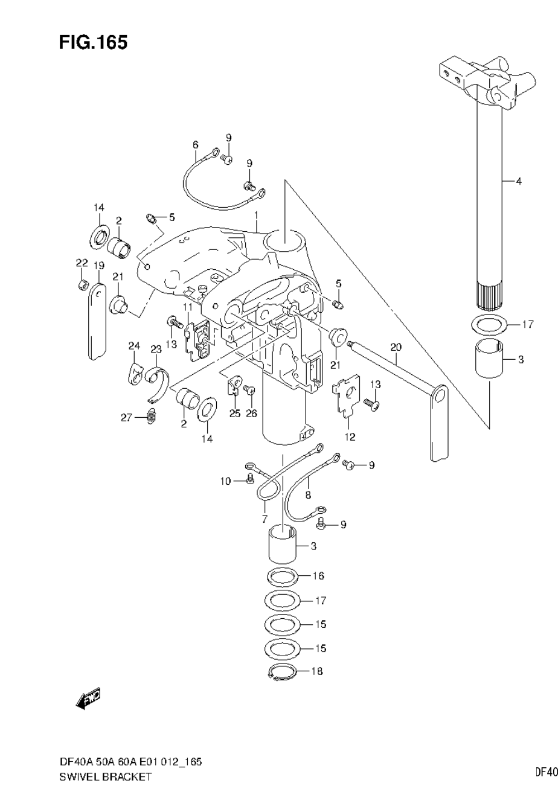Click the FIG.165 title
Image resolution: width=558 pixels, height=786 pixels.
(x=93, y=42)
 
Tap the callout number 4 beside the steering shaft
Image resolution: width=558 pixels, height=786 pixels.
(x=518, y=181)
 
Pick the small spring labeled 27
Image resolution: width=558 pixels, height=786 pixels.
(x=152, y=415)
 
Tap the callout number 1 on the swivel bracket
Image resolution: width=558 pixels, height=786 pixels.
(x=256, y=215)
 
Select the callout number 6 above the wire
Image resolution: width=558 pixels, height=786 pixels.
(x=195, y=144)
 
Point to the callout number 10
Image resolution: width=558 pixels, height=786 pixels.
(x=225, y=481)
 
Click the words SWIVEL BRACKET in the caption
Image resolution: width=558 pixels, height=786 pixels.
(x=105, y=778)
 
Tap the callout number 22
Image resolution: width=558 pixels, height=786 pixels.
(x=82, y=263)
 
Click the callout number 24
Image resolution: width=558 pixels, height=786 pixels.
(x=134, y=346)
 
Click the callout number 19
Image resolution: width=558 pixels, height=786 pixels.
(x=99, y=265)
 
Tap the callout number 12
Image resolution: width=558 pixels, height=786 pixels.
(x=350, y=437)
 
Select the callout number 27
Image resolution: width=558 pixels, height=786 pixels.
(x=126, y=417)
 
